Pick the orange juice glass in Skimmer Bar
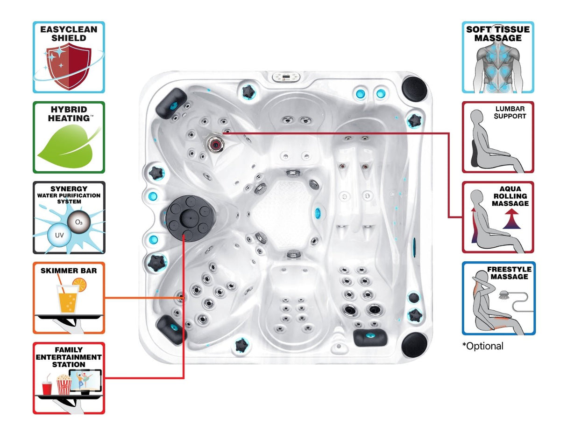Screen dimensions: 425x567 [68, 299]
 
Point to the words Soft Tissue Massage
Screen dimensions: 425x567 [498, 34]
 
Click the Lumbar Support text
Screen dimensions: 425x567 [510, 112]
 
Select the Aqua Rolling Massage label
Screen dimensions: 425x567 [510, 196]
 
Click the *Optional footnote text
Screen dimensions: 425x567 [482, 346]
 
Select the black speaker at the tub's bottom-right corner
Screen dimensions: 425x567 [414, 344]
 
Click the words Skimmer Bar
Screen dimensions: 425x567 [69, 271]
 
